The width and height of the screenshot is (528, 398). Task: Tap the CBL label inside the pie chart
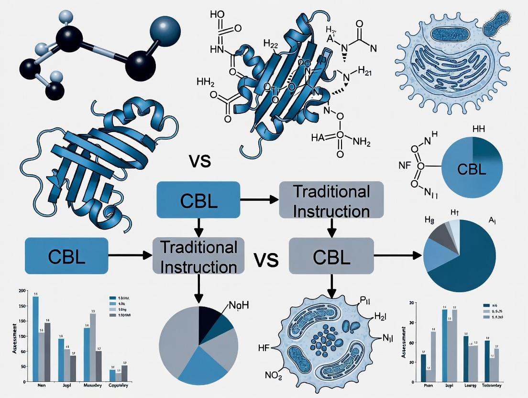tap(472, 169)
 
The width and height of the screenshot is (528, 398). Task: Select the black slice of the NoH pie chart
tap(209, 320)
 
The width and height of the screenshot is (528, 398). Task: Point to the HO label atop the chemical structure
tap(218, 14)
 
